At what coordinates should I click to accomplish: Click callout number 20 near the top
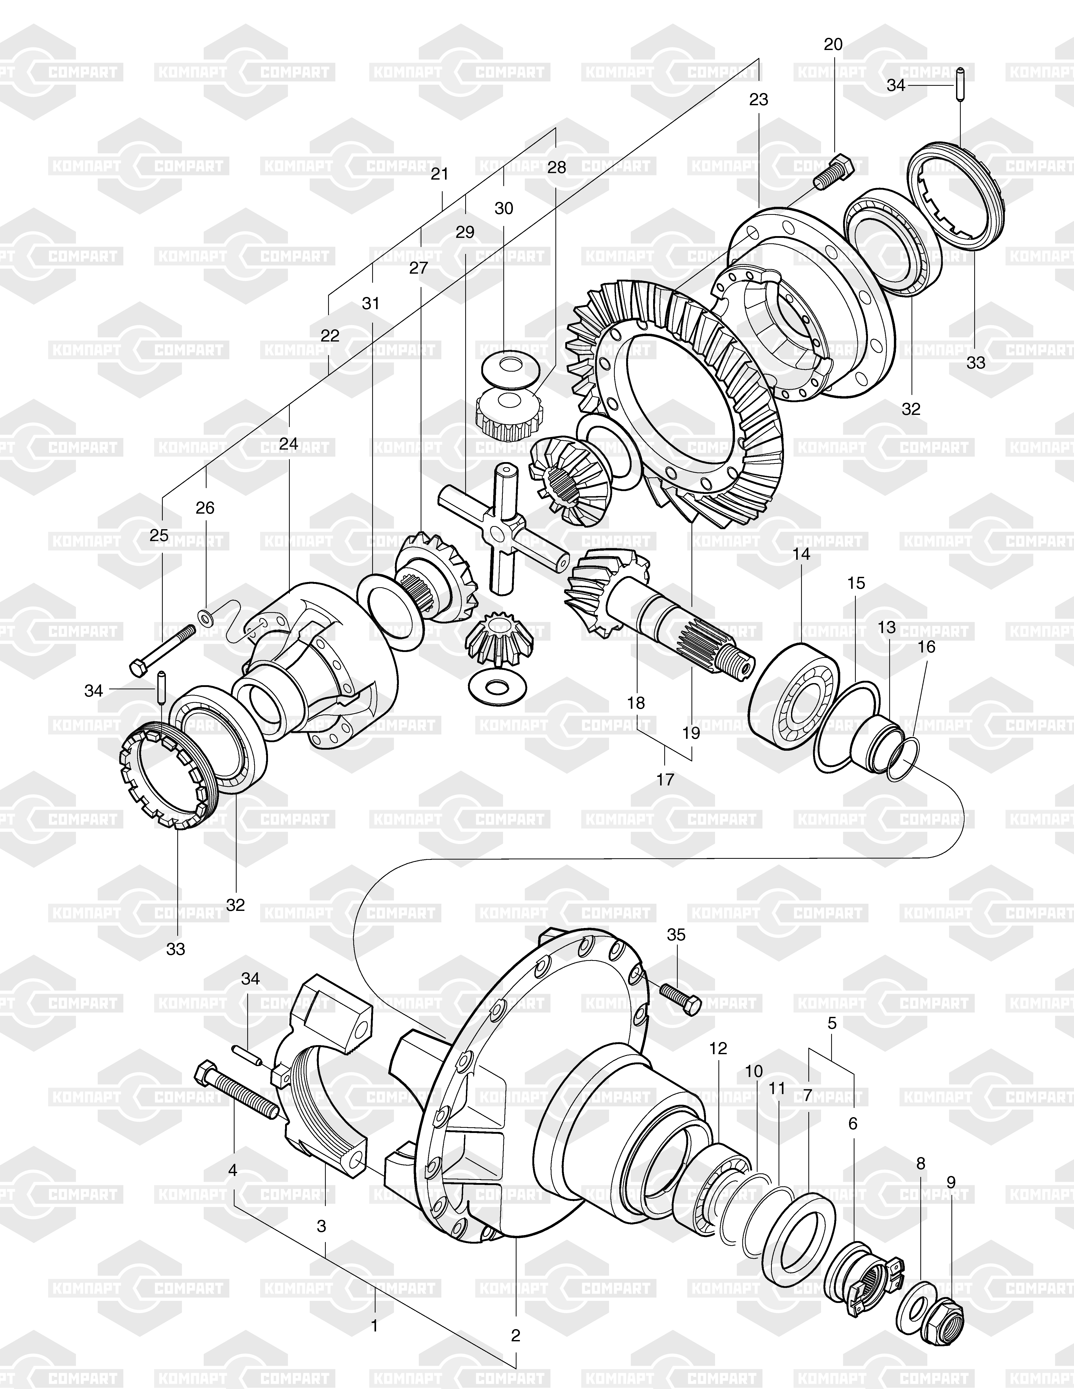point(833,45)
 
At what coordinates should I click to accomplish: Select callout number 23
point(759,99)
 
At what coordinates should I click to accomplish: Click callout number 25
point(159,535)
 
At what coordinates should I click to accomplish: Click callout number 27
point(418,268)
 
